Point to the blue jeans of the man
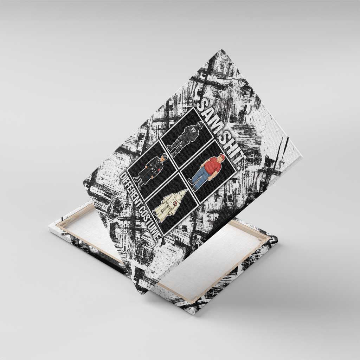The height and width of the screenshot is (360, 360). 198,179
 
